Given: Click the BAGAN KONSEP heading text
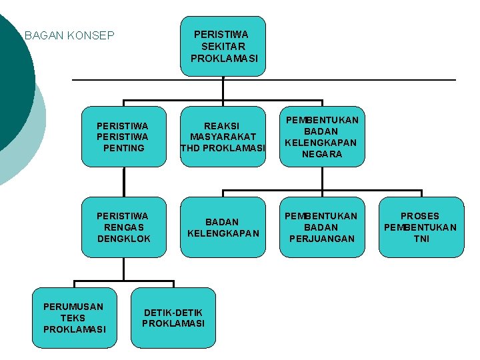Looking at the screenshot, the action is click(x=69, y=35).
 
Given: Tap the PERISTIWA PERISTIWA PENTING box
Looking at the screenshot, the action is click(x=123, y=136).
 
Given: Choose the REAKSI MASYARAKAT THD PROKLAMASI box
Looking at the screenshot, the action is click(x=223, y=136).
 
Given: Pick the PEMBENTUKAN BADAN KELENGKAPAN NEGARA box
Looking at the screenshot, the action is click(x=322, y=137).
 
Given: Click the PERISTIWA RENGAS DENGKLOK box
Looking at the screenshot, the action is click(x=123, y=227).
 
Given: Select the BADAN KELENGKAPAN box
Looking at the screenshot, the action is click(x=223, y=227).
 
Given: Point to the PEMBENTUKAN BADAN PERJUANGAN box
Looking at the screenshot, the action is click(x=322, y=227).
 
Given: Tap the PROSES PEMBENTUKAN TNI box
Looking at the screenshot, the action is click(x=421, y=227).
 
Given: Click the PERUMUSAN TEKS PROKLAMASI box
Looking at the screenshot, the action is click(x=74, y=318).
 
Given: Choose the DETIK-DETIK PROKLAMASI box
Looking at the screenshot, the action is click(x=173, y=318).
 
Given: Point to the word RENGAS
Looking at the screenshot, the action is click(x=123, y=227).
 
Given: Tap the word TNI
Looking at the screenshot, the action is click(x=421, y=239).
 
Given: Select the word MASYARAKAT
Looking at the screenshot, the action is click(x=223, y=136).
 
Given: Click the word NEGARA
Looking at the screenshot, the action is click(x=322, y=154).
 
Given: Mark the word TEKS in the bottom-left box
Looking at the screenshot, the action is click(x=74, y=318).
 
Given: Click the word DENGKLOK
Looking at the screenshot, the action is click(x=123, y=239).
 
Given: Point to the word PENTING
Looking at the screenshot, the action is click(x=123, y=147).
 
